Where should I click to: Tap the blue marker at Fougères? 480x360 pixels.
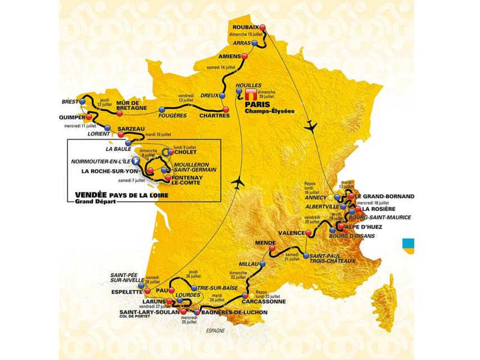click(x=162, y=109)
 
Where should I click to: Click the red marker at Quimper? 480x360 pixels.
click(x=88, y=117)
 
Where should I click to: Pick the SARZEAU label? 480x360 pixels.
click(x=130, y=128)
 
